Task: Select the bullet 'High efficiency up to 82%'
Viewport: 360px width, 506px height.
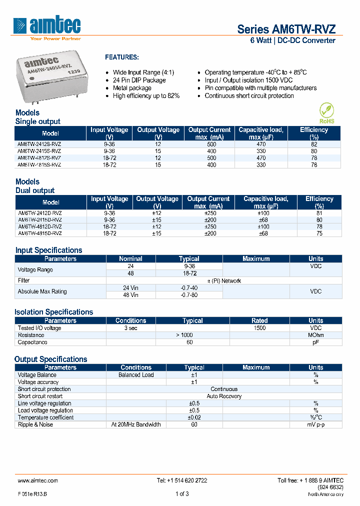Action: (x=146, y=95)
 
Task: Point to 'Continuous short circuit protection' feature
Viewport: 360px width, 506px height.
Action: (x=249, y=95)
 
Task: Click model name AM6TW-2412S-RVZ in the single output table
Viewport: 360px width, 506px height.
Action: (x=39, y=144)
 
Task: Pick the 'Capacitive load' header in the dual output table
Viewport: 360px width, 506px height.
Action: (x=265, y=202)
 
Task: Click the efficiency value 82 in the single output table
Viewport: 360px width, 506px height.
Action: (x=313, y=144)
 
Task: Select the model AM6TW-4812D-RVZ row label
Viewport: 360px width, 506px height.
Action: (x=39, y=226)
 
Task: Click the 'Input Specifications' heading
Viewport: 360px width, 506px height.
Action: (x=48, y=250)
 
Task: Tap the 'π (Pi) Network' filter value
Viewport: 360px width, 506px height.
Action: (x=224, y=281)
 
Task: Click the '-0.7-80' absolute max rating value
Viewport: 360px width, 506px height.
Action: (x=189, y=295)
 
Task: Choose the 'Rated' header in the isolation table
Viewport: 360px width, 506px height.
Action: (x=259, y=320)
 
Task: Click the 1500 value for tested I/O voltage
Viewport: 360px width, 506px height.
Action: (x=259, y=328)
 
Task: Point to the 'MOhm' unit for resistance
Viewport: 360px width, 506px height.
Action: (x=315, y=335)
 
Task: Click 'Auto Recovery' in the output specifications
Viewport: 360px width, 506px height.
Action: (x=224, y=396)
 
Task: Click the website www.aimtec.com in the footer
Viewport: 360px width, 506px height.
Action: (x=38, y=480)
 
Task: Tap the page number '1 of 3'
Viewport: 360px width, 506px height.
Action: (x=182, y=494)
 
